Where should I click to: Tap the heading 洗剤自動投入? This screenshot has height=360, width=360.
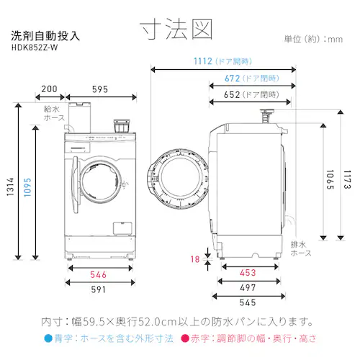(45, 35)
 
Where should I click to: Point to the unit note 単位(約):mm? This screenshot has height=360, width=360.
(313, 39)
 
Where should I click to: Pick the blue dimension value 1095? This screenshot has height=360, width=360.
(27, 183)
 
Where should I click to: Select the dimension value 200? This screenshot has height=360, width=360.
(50, 89)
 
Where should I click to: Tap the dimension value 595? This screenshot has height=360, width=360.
(100, 89)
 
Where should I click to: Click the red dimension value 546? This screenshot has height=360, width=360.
(99, 275)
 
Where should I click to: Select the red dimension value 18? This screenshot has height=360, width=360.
(194, 260)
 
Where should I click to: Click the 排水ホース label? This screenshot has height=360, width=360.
(301, 249)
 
